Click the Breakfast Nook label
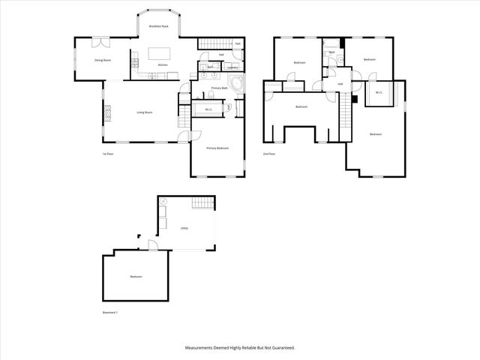point(158,26)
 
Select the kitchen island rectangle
point(160,53)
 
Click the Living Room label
point(145,112)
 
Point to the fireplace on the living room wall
point(107,112)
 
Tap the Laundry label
point(232,67)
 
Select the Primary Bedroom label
point(217,148)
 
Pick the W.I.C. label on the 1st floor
point(207,109)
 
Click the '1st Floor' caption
point(108,154)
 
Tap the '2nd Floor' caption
point(268,154)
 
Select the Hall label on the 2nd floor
point(340,83)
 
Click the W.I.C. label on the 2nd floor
point(379,93)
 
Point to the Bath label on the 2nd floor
point(331,52)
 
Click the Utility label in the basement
point(184,228)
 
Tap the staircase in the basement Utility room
point(203,205)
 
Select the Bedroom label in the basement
point(136,277)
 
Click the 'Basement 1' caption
point(111,312)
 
